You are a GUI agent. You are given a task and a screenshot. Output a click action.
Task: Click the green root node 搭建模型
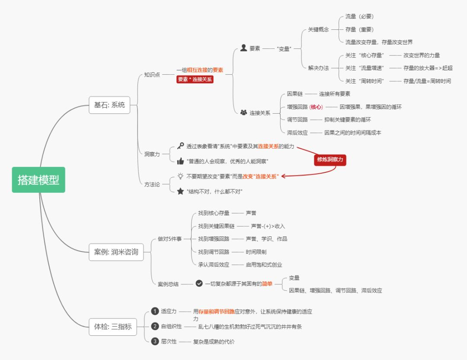pos(38,180)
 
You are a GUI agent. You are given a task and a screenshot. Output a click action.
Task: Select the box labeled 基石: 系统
pos(109,105)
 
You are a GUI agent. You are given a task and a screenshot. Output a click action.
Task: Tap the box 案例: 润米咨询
pos(116,252)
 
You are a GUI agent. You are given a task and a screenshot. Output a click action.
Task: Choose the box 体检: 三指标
pos(113,327)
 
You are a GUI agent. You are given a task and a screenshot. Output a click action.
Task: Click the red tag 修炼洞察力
pos(330,159)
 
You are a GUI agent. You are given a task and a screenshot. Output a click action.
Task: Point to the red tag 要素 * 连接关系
pos(195,80)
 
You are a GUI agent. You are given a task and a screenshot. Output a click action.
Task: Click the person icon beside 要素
pos(243,48)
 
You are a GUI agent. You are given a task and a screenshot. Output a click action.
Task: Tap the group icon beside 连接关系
pos(243,113)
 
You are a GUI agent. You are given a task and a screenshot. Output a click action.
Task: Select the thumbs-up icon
pos(180,161)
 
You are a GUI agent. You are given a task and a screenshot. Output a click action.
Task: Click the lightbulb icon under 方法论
pos(180,176)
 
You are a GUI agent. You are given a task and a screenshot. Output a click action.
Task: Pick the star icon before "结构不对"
pos(180,191)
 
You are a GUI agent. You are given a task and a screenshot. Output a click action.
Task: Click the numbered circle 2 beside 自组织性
pos(155,326)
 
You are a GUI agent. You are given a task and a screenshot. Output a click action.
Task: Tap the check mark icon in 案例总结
pos(199,284)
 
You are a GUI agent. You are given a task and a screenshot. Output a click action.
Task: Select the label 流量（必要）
pos(359,16)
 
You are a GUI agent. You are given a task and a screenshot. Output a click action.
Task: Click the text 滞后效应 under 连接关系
pos(297,133)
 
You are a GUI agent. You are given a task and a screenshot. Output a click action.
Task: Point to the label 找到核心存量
pos(214,213)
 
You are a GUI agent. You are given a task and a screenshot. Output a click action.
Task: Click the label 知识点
pos(152,74)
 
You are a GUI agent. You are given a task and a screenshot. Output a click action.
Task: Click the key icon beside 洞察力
pos(180,147)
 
